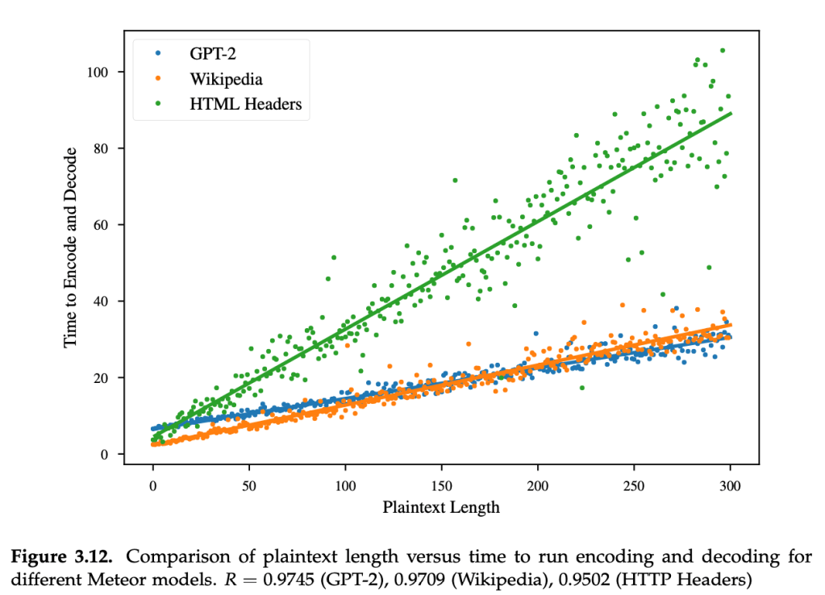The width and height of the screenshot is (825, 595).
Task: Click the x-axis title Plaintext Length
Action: tap(441, 507)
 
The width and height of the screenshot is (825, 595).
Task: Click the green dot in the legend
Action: tap(159, 103)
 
